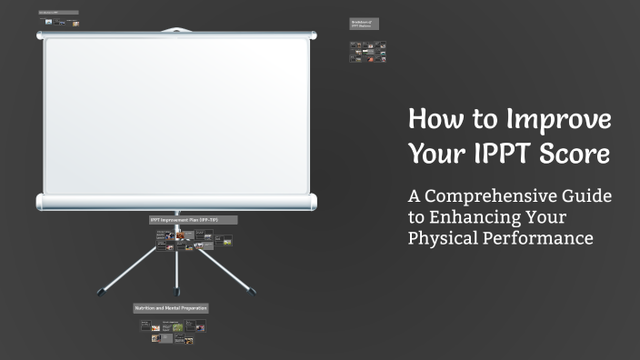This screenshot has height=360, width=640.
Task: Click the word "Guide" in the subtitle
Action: (x=588, y=196)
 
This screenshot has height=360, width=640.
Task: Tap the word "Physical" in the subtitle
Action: (x=444, y=238)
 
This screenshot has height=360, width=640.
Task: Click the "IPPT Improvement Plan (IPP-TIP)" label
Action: (x=193, y=220)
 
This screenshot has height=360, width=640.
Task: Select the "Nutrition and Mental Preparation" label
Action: (x=171, y=308)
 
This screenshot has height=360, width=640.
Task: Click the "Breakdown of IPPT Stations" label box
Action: (x=365, y=24)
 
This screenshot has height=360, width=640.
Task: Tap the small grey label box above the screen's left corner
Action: (x=59, y=13)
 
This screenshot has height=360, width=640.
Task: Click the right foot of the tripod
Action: (x=252, y=292)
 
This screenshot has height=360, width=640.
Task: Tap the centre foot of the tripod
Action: (x=177, y=292)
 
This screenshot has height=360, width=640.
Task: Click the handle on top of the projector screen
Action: (x=176, y=30)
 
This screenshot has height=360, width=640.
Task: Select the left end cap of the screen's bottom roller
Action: (x=40, y=201)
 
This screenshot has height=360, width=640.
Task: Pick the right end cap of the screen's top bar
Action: (x=313, y=35)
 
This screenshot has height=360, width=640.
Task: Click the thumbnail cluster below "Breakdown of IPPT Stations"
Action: (x=368, y=53)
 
